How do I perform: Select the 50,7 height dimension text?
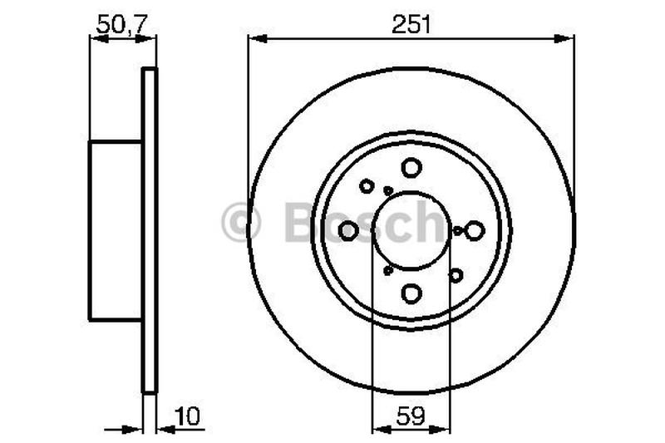(x=121, y=24)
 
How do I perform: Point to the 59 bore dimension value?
(x=411, y=415)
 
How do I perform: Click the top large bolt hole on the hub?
(x=411, y=168)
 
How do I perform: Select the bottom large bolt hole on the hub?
(x=411, y=293)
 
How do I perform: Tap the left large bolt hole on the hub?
(x=349, y=230)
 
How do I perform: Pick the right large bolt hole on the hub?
(x=474, y=230)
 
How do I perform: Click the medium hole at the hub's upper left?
(x=367, y=186)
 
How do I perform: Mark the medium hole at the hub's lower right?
(x=456, y=274)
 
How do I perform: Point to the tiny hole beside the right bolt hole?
(x=458, y=230)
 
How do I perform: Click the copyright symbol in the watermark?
(x=241, y=223)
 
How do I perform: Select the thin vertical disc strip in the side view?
(x=149, y=230)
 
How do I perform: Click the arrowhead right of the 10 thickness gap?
(x=164, y=429)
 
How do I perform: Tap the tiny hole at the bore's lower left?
(x=387, y=270)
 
